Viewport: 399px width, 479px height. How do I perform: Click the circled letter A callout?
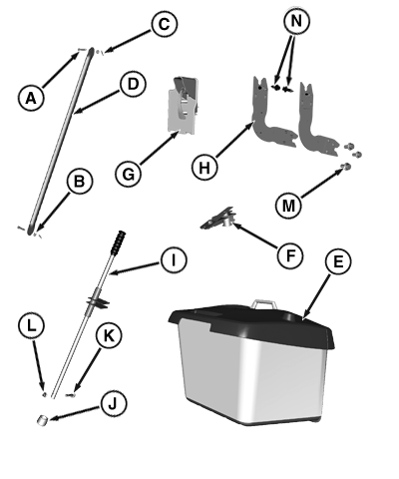pos(31,98)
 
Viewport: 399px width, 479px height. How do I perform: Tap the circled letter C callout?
pos(165,24)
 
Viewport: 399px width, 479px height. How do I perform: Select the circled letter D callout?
pos(133,84)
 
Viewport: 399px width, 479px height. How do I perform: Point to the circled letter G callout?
pos(129,174)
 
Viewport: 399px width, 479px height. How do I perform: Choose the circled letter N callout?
pos(296,21)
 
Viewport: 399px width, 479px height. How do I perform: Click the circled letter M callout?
pos(288,206)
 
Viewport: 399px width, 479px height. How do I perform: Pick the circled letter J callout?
pos(114,403)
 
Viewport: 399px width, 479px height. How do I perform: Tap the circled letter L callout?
pos(31,326)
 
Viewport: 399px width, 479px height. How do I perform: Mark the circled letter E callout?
pos(338,261)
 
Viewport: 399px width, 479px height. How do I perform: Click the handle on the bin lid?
pos(263,302)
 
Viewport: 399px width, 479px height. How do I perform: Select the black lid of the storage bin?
pos(251,324)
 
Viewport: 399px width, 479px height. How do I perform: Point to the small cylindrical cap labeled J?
pos(42,420)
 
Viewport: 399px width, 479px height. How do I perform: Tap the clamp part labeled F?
pos(218,219)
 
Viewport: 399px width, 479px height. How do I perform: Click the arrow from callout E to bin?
pos(317,296)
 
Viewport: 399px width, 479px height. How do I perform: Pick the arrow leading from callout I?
pos(135,268)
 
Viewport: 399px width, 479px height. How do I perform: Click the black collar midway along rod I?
pos(98,299)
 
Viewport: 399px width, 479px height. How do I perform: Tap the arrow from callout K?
pos(88,369)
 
